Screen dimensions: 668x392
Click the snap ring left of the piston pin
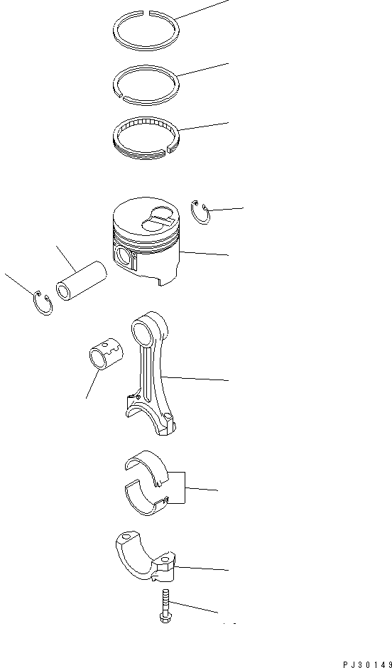pos(43,303)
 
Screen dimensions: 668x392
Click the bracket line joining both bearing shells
pos(185,489)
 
